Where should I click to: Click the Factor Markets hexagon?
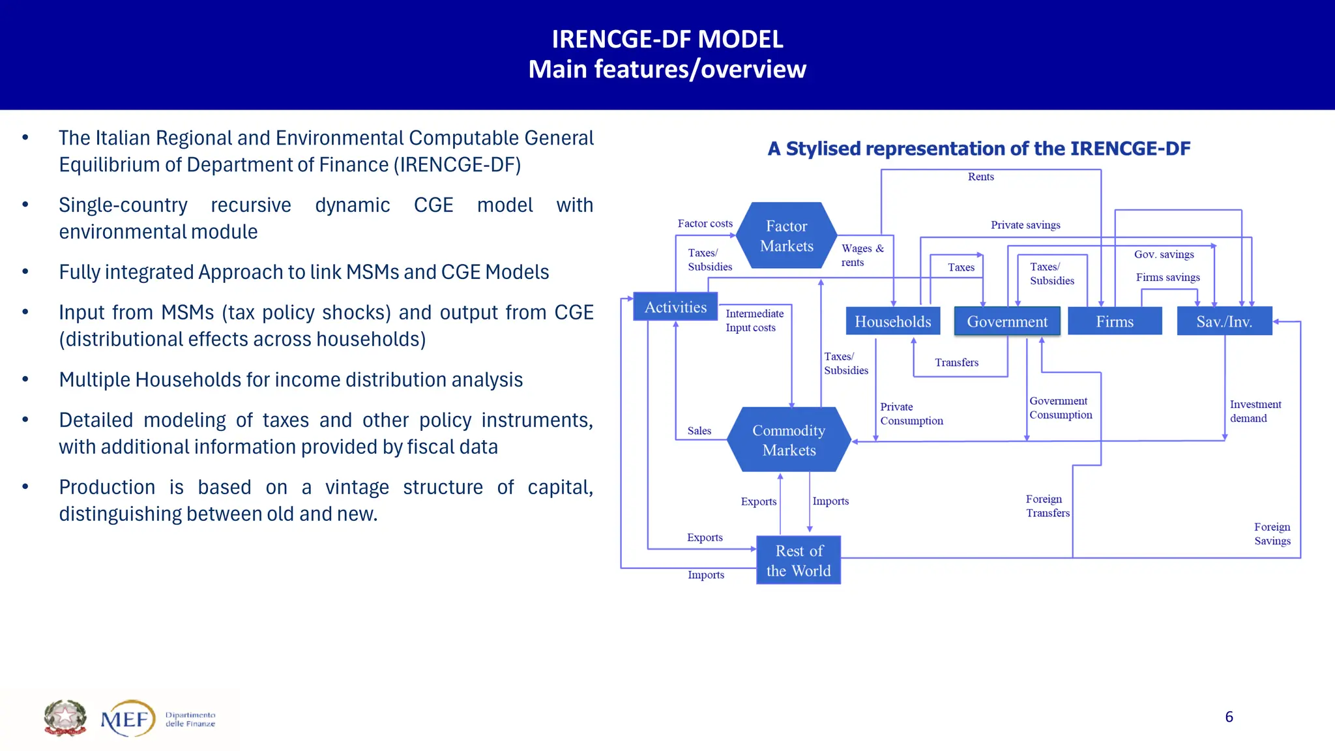click(786, 236)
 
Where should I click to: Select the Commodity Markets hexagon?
click(789, 440)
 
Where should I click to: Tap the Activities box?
click(675, 307)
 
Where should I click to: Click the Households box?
click(892, 321)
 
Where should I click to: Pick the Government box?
click(1007, 321)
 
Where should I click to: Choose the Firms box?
click(1115, 321)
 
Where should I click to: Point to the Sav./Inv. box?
click(1224, 321)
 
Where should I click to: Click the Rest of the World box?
click(799, 561)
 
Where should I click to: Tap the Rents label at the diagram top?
click(980, 177)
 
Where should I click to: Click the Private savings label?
click(1025, 225)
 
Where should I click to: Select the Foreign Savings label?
click(1272, 534)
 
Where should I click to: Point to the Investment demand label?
click(1255, 411)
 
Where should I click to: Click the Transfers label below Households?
click(956, 362)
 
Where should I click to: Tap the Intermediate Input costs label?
click(754, 321)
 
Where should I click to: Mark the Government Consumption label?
click(1060, 408)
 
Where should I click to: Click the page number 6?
click(1229, 717)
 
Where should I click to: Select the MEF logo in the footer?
click(128, 719)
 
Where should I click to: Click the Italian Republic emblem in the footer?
click(65, 718)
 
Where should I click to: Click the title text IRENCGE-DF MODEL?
click(667, 40)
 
